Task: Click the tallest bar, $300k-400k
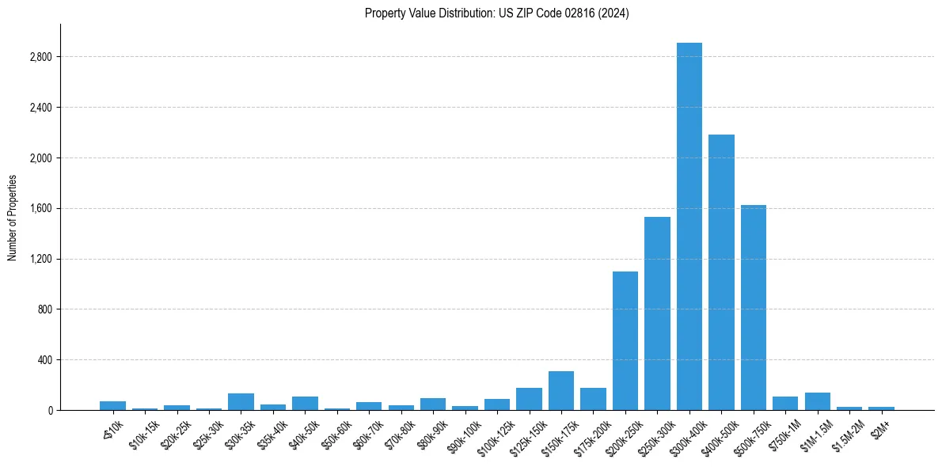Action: tap(689, 226)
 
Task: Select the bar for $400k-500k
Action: tap(721, 272)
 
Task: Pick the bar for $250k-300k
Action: tap(657, 313)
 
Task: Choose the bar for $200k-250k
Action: tap(625, 340)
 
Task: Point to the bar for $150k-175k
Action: tap(561, 391)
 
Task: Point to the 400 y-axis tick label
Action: tap(44, 360)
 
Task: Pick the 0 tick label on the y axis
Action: tap(49, 411)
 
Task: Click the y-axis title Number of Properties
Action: tap(12, 217)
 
